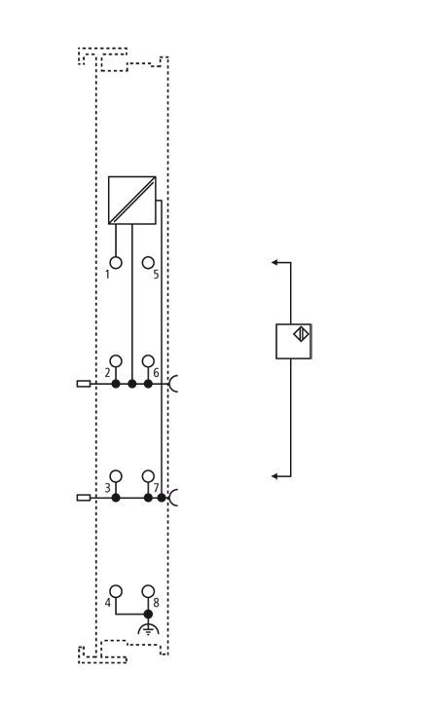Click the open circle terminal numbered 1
click(x=116, y=263)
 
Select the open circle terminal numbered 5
click(x=148, y=263)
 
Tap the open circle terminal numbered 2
click(x=116, y=361)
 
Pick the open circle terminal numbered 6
click(x=148, y=361)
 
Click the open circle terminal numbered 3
click(x=116, y=476)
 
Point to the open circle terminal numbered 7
click(x=148, y=476)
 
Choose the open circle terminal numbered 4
click(x=116, y=591)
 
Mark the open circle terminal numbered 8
click(x=148, y=591)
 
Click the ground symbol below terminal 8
click(x=148, y=629)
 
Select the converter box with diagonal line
click(x=132, y=200)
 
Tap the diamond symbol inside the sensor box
click(x=301, y=334)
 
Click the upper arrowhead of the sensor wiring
click(x=274, y=262)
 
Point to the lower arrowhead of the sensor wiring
click(x=274, y=476)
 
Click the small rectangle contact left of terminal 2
click(x=84, y=384)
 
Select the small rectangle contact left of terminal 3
click(x=84, y=498)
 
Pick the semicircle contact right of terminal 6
click(x=173, y=384)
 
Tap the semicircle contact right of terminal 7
click(x=173, y=498)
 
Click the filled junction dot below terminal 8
click(x=148, y=614)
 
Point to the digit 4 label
click(x=108, y=603)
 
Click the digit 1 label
click(x=107, y=275)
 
